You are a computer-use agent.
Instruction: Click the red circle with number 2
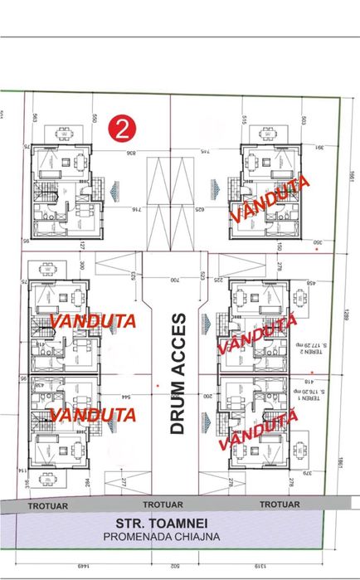tap(123, 129)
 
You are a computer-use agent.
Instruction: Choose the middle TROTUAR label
tap(163, 504)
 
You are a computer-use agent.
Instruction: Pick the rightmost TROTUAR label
tap(280, 504)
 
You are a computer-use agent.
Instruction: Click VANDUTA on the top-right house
tap(270, 199)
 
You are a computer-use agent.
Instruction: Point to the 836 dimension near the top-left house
tap(131, 153)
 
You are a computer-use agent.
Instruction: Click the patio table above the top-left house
tap(65, 131)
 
